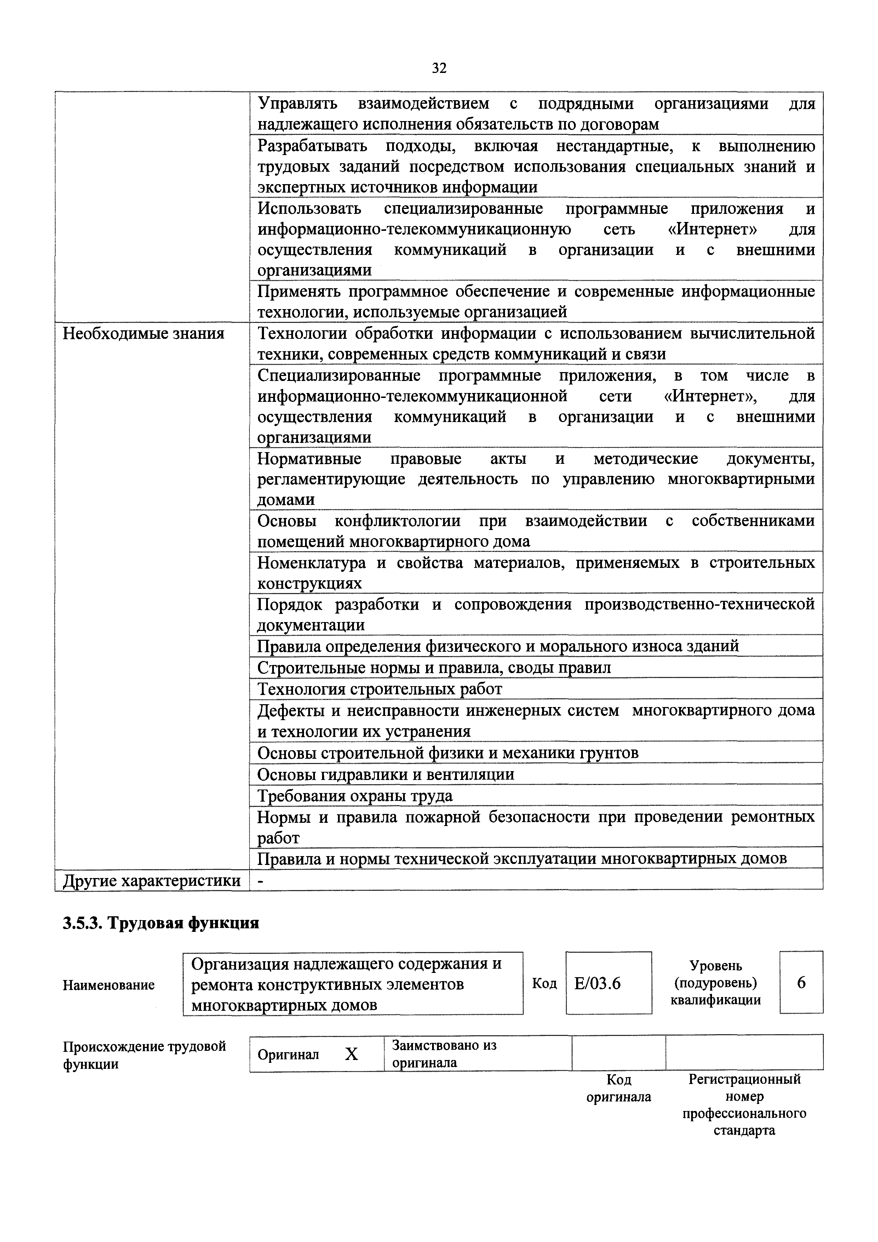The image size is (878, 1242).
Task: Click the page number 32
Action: (439, 68)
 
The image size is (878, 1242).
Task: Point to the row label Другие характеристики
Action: (152, 881)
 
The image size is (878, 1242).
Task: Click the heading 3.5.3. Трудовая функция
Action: (161, 922)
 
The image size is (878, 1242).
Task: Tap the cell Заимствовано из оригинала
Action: (444, 1054)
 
